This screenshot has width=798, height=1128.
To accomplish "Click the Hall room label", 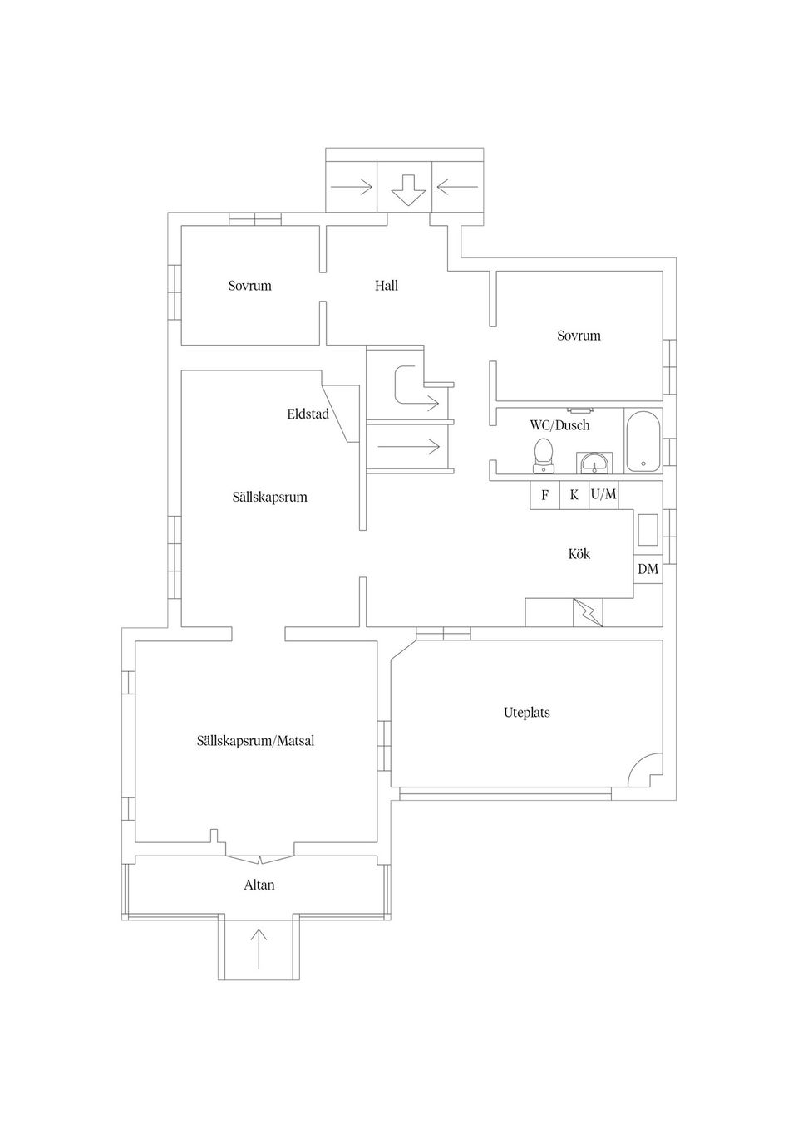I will click(386, 286).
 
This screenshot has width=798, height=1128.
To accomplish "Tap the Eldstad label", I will click(308, 414).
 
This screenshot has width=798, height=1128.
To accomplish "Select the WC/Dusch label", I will click(559, 425).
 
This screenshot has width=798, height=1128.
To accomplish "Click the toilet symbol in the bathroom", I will click(544, 455).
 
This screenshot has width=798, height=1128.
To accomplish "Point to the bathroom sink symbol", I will click(594, 463).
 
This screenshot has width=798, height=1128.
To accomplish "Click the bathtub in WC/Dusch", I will click(643, 441).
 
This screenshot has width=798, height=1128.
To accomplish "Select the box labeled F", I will click(544, 495).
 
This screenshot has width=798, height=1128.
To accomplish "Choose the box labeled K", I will click(574, 495).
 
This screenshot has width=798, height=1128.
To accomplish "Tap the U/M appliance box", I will click(603, 495).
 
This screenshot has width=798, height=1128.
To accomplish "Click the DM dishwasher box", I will click(648, 569).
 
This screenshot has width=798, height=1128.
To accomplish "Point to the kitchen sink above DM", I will click(648, 530).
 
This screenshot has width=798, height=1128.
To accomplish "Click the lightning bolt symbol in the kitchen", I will click(588, 613).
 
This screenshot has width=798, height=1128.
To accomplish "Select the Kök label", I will click(579, 553).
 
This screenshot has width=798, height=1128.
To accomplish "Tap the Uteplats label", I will click(526, 713).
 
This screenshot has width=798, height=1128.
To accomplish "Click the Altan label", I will click(259, 885).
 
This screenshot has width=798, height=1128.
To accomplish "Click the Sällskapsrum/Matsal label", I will click(255, 740).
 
